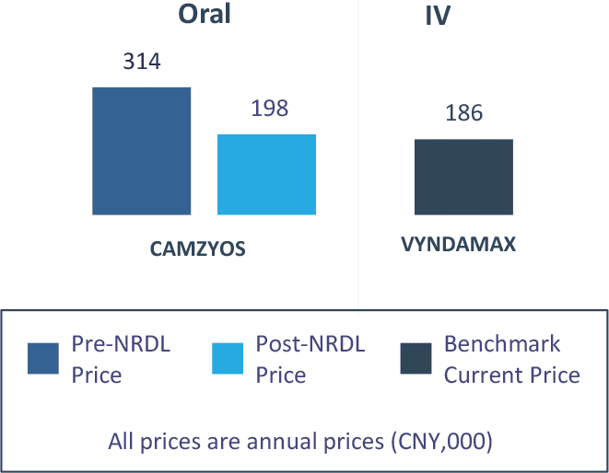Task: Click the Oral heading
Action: (x=204, y=15)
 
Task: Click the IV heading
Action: (x=437, y=17)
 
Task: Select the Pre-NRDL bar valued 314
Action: (x=141, y=151)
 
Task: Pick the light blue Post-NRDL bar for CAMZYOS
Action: (x=266, y=174)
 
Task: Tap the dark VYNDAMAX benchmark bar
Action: (x=463, y=177)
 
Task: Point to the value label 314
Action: (x=142, y=63)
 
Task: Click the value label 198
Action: (x=269, y=109)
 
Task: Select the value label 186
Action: (x=463, y=114)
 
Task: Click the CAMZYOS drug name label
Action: (x=198, y=248)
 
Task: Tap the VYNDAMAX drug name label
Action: (x=458, y=246)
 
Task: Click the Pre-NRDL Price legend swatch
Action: (x=44, y=359)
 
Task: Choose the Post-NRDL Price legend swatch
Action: (x=228, y=359)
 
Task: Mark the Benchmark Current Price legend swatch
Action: (x=416, y=359)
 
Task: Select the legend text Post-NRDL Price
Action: (x=310, y=360)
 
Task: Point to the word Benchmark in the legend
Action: (x=502, y=345)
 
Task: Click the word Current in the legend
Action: (x=480, y=375)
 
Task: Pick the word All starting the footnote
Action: (x=122, y=441)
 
